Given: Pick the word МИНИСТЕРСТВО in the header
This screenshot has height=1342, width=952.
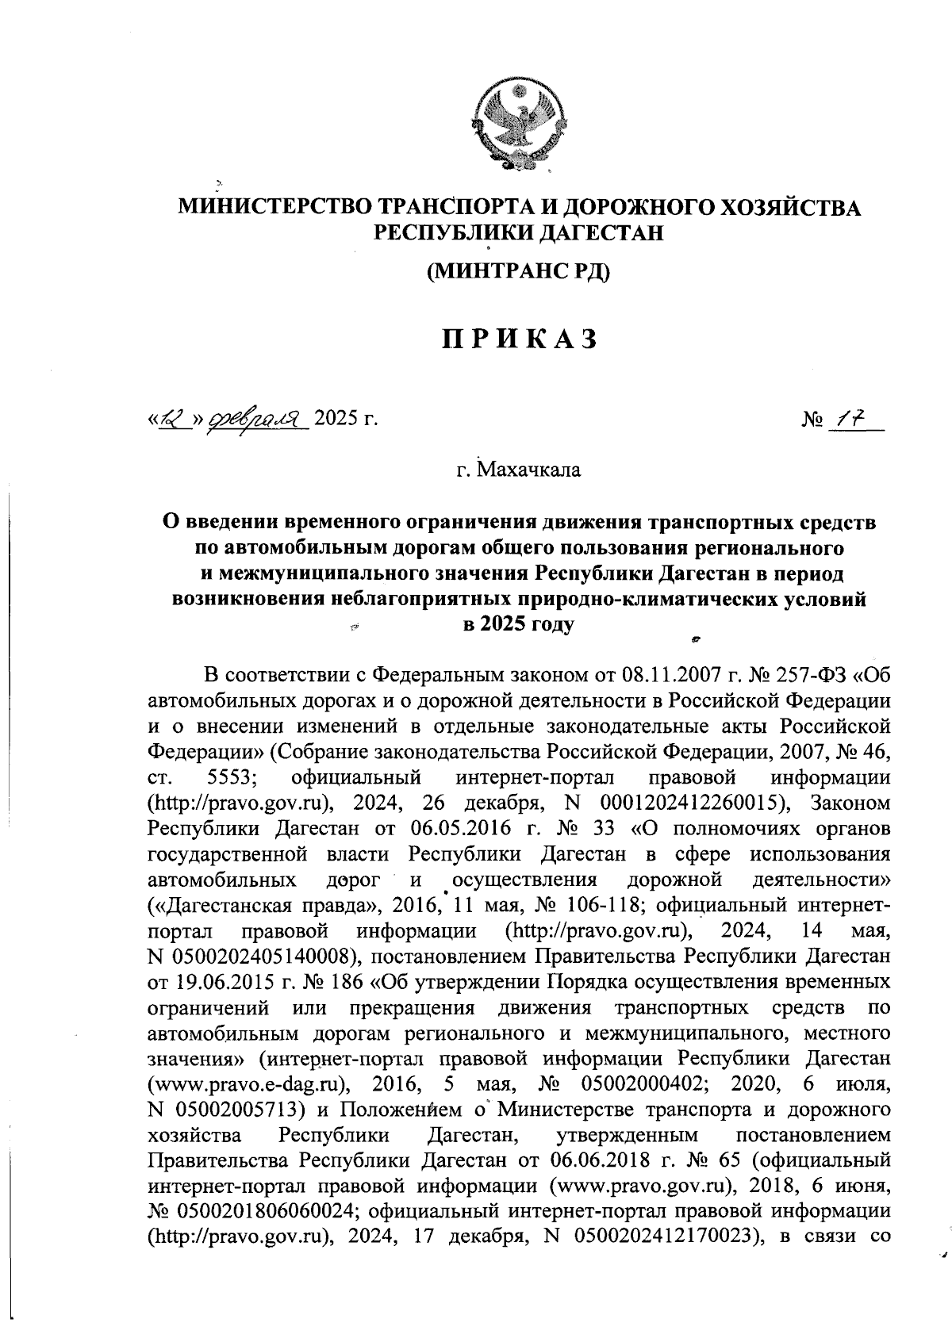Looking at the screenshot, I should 274,208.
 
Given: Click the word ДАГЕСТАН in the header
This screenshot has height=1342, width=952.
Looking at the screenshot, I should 595,234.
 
